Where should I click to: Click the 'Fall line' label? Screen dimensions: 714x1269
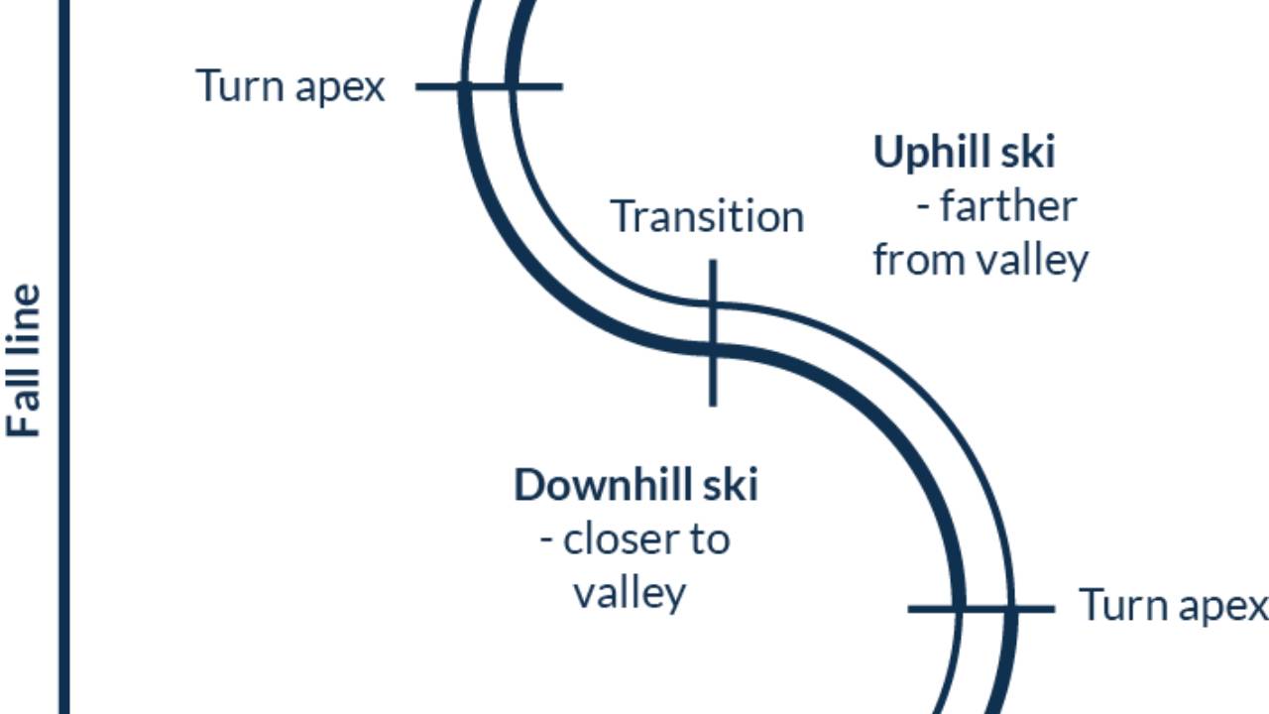pyautogui.click(x=25, y=361)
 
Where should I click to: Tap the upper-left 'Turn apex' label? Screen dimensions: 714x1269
pyautogui.click(x=289, y=87)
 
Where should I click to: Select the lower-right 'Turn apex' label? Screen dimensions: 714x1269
pyautogui.click(x=1173, y=605)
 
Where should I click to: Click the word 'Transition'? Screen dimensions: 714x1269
pyautogui.click(x=706, y=216)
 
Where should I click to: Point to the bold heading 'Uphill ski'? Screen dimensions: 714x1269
pyautogui.click(x=964, y=153)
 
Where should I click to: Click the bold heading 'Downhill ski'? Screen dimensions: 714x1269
pyautogui.click(x=635, y=486)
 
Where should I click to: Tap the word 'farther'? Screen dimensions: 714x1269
pyautogui.click(x=1007, y=206)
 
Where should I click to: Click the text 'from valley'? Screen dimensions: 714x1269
pyautogui.click(x=981, y=260)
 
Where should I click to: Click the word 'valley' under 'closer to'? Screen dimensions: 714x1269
pyautogui.click(x=630, y=593)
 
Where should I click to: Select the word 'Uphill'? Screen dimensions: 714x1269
pyautogui.click(x=930, y=153)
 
